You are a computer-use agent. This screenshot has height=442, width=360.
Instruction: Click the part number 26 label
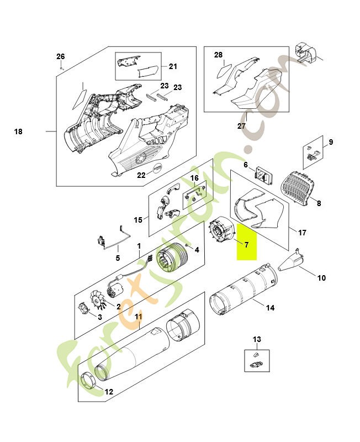61,56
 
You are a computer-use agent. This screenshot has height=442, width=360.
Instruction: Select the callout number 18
18,131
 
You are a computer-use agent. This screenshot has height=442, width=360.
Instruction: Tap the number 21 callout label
173,67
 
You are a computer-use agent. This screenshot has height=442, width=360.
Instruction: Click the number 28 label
218,55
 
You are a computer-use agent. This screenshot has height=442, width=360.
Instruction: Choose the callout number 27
241,126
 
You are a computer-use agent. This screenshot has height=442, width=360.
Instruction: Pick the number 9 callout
331,143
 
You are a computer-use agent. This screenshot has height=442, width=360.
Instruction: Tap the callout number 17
302,233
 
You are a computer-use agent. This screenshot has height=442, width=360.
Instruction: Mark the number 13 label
257,339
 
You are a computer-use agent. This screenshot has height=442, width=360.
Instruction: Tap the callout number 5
117,257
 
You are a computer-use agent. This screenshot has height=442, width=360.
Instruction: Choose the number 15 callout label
138,220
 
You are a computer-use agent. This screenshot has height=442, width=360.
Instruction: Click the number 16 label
194,178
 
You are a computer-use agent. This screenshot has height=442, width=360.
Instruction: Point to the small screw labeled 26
62,67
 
